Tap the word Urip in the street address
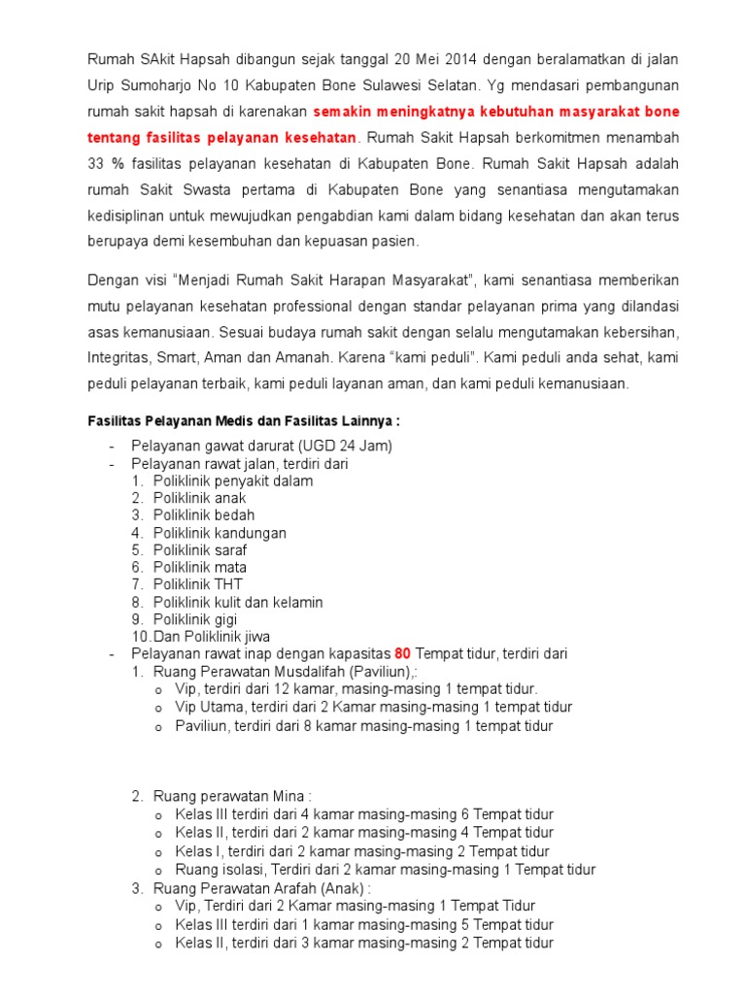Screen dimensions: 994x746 [102, 85]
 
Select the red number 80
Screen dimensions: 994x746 [403, 653]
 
